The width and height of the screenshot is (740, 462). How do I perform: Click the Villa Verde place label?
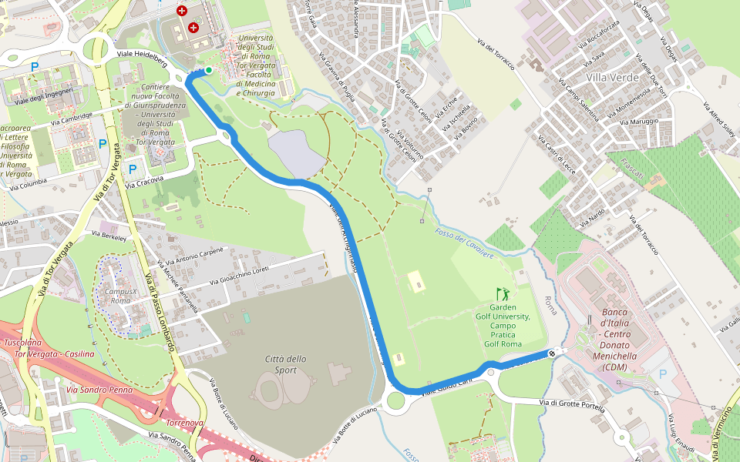point(612,78)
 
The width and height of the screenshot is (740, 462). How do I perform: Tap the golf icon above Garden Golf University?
point(503,293)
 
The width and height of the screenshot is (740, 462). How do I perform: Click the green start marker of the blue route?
point(208,70)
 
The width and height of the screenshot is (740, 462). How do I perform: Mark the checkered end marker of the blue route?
point(551,353)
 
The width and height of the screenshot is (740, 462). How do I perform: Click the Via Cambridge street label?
point(72,119)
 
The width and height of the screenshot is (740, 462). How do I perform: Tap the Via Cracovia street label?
point(145,182)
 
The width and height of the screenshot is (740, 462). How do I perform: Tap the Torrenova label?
point(185,423)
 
